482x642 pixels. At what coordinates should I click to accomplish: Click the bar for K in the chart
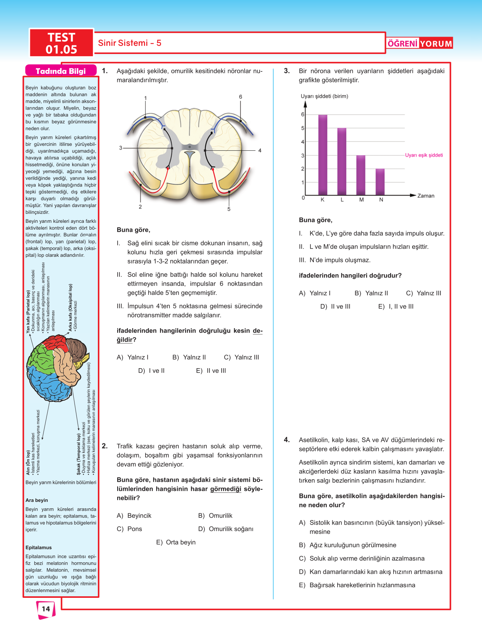click(323, 155)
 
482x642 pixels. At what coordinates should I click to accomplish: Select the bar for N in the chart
click(380, 182)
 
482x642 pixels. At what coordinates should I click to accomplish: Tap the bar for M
click(361, 175)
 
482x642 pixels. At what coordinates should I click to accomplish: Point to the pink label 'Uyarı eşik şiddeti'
click(424, 155)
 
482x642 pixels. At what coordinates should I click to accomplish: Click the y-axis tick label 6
click(302, 114)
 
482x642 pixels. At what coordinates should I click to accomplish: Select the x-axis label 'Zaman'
click(426, 196)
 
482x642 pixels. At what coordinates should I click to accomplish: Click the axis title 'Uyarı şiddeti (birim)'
click(324, 96)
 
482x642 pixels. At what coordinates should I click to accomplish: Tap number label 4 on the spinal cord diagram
click(260, 151)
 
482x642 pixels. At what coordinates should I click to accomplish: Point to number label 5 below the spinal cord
click(229, 209)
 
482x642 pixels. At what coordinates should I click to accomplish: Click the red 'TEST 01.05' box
click(62, 43)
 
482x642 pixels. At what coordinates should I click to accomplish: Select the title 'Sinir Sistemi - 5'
click(130, 43)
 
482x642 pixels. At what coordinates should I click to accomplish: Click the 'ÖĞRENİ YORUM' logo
click(420, 43)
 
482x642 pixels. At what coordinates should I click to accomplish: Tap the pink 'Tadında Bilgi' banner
click(61, 71)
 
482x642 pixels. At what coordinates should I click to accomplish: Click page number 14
click(46, 609)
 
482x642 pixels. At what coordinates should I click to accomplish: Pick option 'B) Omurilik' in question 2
click(215, 516)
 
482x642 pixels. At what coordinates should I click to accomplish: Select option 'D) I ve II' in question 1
click(152, 371)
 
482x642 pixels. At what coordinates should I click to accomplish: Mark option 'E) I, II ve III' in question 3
click(396, 307)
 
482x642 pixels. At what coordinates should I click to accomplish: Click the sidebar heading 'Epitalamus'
click(39, 548)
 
